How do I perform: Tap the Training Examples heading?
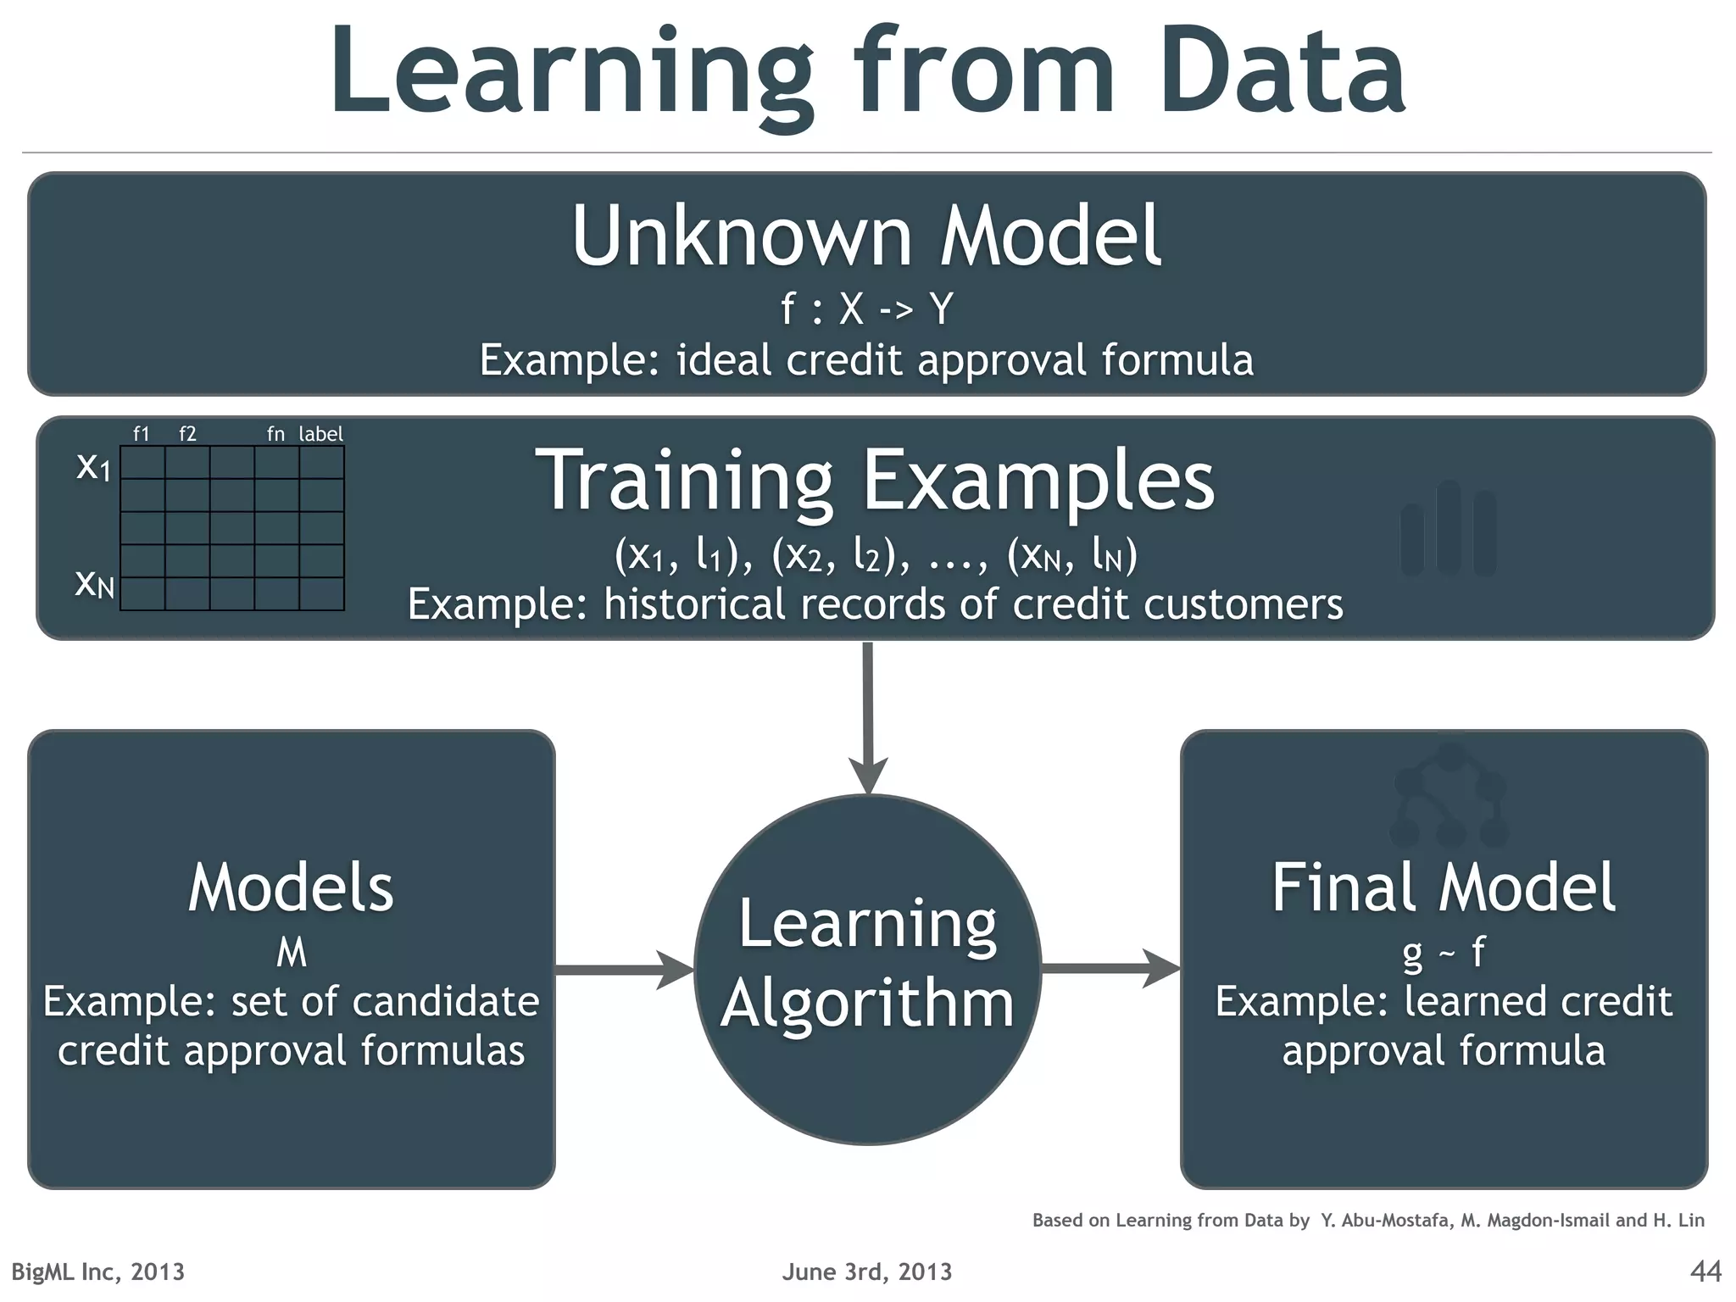coord(875,481)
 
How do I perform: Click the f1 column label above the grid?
coord(142,434)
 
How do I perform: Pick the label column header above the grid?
coord(320,434)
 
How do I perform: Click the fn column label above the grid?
coord(275,434)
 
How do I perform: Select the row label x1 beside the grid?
coord(93,466)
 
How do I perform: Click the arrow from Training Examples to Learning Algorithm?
coord(867,716)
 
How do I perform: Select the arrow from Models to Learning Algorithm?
coord(623,969)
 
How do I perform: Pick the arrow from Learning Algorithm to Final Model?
coord(1110,969)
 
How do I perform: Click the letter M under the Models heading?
coord(291,953)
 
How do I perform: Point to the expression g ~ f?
coord(1443,953)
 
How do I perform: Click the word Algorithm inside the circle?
coord(867,1004)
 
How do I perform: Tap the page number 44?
coord(1705,1271)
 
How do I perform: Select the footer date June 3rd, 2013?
coord(866,1271)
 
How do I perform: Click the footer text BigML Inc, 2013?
coord(97,1271)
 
